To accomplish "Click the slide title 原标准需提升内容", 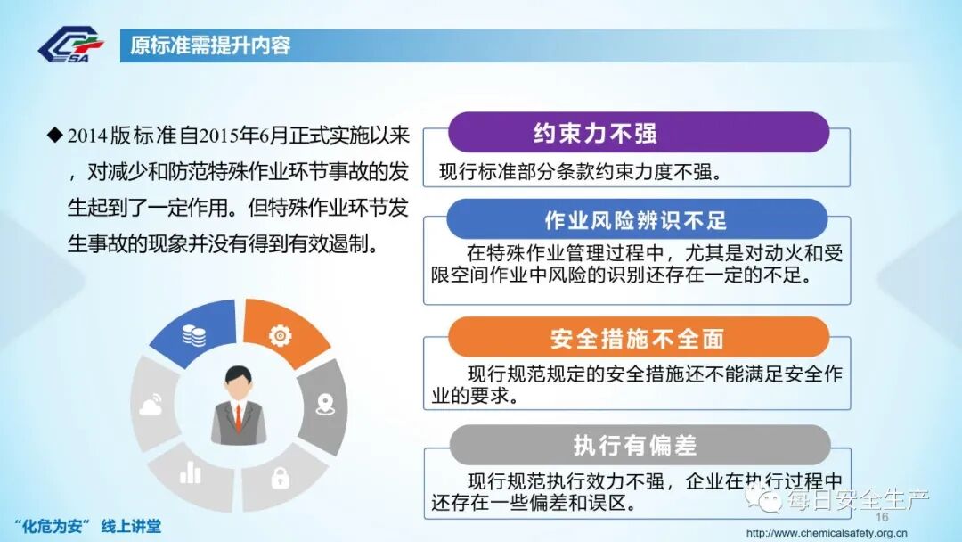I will point(210,45).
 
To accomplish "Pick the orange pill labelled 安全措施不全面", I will point(637,339).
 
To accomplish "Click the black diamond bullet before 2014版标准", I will point(54,135).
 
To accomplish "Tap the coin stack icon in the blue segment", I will point(193,335).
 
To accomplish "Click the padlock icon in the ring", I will point(280,477).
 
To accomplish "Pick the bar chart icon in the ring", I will point(191,472).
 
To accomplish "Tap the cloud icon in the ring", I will point(150,406).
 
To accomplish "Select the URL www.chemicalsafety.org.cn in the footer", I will point(826,533).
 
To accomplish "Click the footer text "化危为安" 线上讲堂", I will point(88,525).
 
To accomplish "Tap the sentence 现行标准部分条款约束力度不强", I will point(580,172).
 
